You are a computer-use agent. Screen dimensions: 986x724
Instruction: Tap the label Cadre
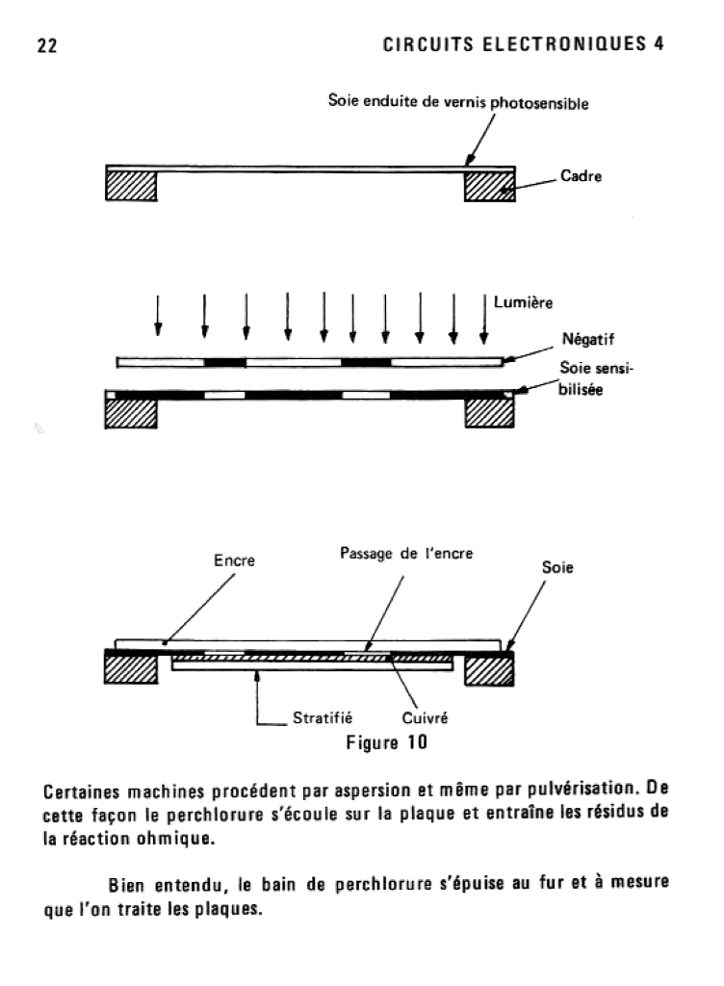coord(582,178)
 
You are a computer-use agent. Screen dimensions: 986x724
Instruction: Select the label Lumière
coord(526,302)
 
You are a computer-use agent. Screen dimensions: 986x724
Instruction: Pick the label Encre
coord(234,559)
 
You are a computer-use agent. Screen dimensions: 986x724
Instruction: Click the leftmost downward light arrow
coord(158,316)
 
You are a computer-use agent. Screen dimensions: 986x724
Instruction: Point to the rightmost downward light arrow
coord(483,316)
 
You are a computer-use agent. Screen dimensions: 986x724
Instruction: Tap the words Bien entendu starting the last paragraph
coord(165,885)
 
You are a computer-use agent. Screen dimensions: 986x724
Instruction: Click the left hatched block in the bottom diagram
coord(131,670)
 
